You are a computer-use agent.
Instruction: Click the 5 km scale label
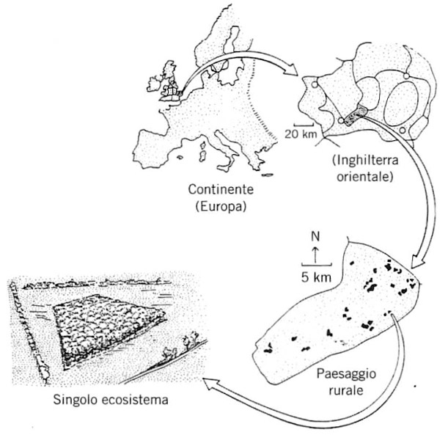tap(315, 277)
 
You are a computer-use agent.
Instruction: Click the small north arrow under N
tap(315, 255)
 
